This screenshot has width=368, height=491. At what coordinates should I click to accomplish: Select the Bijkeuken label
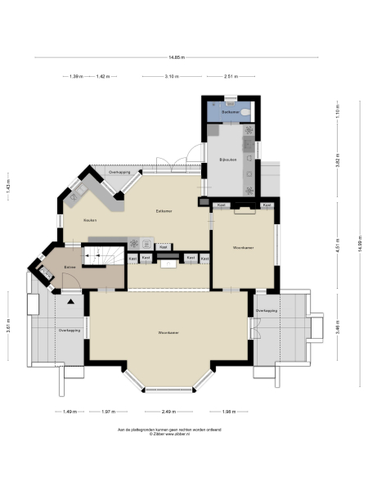tap(227, 160)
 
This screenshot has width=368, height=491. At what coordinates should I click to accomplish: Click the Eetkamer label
tap(164, 211)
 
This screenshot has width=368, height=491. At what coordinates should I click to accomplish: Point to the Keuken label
tap(91, 221)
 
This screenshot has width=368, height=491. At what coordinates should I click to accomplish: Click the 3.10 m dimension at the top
tap(171, 76)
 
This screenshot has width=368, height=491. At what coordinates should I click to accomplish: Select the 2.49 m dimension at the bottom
tap(169, 412)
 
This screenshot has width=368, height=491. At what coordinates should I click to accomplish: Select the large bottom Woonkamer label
tap(169, 333)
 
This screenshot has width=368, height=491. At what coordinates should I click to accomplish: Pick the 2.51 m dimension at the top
tap(231, 76)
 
